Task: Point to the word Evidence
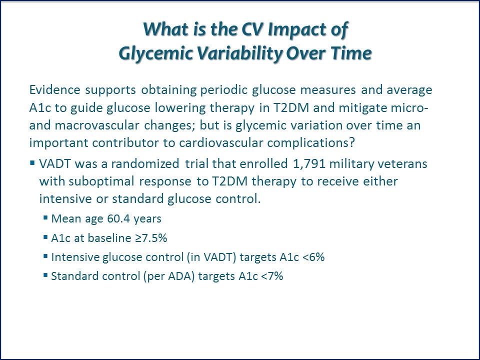coord(54,89)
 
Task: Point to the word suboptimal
coord(101,181)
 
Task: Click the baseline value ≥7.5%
coord(151,238)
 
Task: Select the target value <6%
coord(313,257)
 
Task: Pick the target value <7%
coord(272,276)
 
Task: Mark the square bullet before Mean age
coord(45,217)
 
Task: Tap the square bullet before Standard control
coord(45,275)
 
